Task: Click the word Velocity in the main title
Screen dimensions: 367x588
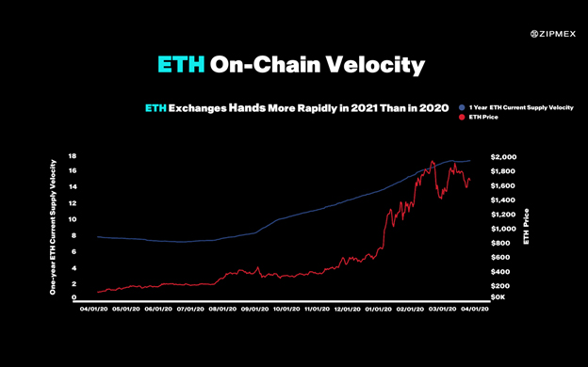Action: (374, 66)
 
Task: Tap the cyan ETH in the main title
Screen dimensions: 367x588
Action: (180, 66)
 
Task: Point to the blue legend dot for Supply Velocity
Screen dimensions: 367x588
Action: (462, 108)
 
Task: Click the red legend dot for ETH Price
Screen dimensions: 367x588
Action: (462, 118)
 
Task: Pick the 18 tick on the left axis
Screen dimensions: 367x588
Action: (73, 156)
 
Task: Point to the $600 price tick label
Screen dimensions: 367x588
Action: (506, 257)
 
